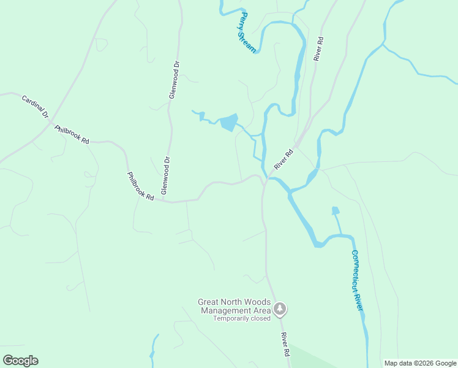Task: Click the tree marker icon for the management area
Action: click(x=280, y=309)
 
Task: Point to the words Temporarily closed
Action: click(x=242, y=318)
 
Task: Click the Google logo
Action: click(x=20, y=361)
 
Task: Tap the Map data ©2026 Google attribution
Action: click(x=420, y=363)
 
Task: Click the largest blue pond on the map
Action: click(x=228, y=123)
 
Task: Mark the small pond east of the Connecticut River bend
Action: click(x=335, y=211)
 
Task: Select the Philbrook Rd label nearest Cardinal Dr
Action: click(x=72, y=134)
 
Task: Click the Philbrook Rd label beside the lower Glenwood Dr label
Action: click(x=140, y=185)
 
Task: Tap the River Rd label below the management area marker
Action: click(x=285, y=345)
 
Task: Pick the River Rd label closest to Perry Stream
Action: click(x=318, y=48)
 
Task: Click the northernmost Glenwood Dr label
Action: click(x=175, y=80)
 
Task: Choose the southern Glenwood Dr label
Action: click(x=165, y=175)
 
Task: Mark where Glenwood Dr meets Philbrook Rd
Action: click(x=164, y=201)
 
